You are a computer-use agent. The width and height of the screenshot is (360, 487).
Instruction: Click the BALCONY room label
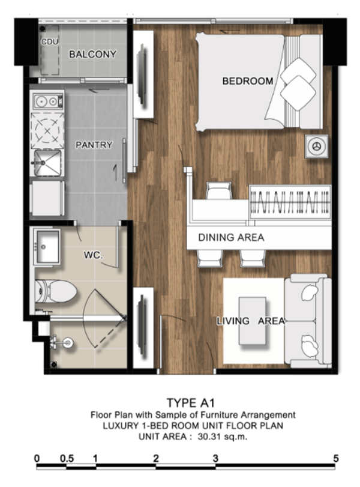92,55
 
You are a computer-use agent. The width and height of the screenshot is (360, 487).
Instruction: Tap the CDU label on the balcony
50,41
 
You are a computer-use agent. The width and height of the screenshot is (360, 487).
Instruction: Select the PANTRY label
94,145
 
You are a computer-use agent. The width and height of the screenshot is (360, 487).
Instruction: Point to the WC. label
93,255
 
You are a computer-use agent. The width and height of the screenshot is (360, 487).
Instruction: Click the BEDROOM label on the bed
248,81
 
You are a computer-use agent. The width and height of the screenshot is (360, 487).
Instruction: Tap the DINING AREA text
231,237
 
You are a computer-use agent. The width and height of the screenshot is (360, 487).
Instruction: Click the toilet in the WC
55,291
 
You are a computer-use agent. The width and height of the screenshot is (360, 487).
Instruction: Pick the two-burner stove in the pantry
49,101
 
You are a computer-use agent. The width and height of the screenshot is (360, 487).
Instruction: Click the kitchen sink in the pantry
47,163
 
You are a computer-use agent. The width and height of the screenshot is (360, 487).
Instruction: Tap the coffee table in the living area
253,321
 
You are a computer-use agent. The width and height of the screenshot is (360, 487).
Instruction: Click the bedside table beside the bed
317,147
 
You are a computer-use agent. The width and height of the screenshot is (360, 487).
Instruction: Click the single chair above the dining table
219,190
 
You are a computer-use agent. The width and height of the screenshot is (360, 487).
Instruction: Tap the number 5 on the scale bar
335,458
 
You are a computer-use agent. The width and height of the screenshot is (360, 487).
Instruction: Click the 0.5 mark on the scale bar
67,458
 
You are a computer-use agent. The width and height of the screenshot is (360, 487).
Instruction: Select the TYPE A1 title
191,403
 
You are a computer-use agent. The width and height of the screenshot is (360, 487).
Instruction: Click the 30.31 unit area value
210,437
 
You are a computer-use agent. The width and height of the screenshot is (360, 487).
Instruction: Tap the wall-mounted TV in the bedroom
142,74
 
